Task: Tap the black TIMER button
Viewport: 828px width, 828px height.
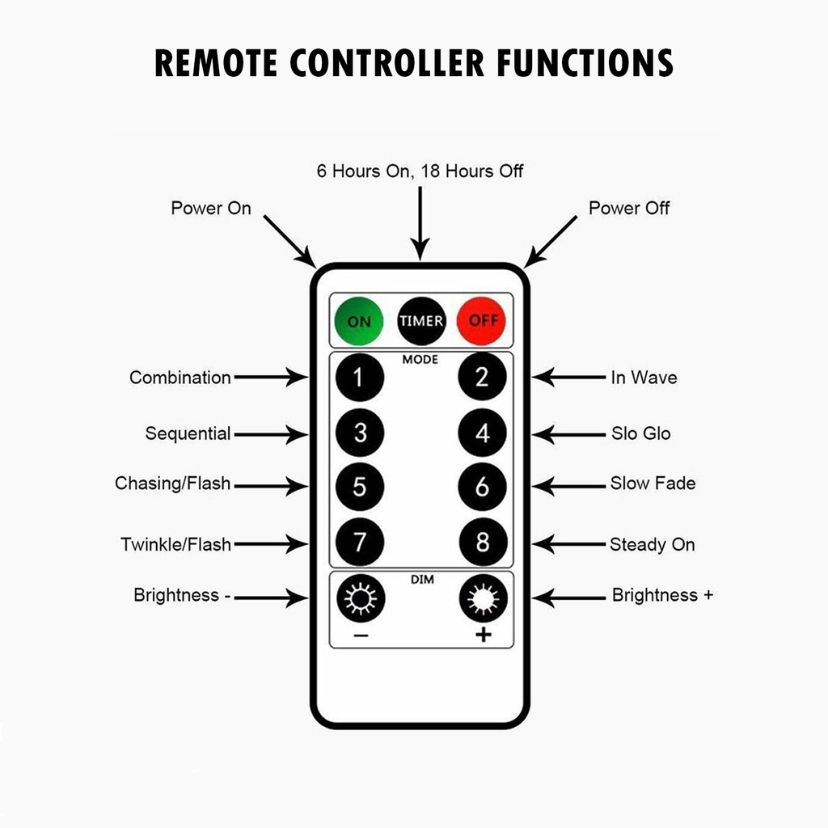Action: [420, 321]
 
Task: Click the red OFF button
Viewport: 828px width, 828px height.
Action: [482, 321]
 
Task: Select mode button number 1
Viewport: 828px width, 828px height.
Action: [360, 377]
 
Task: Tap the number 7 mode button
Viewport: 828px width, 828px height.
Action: [360, 542]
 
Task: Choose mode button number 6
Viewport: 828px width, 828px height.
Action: [482, 487]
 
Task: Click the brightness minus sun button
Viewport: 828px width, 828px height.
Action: [360, 599]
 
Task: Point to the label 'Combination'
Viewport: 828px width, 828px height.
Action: [180, 378]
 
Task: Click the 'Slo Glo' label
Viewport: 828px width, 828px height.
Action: [640, 433]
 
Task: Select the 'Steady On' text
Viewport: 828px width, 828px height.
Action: [652, 544]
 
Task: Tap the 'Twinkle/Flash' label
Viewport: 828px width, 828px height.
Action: [176, 544]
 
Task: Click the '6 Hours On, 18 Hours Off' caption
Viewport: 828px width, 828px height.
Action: [420, 171]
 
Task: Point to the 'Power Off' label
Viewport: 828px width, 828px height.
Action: [629, 209]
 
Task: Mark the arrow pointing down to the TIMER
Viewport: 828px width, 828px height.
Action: [420, 222]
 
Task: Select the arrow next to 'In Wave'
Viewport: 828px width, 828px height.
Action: [569, 377]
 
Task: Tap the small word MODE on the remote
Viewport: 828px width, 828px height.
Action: [420, 359]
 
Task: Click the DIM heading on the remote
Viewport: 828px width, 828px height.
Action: [422, 580]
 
